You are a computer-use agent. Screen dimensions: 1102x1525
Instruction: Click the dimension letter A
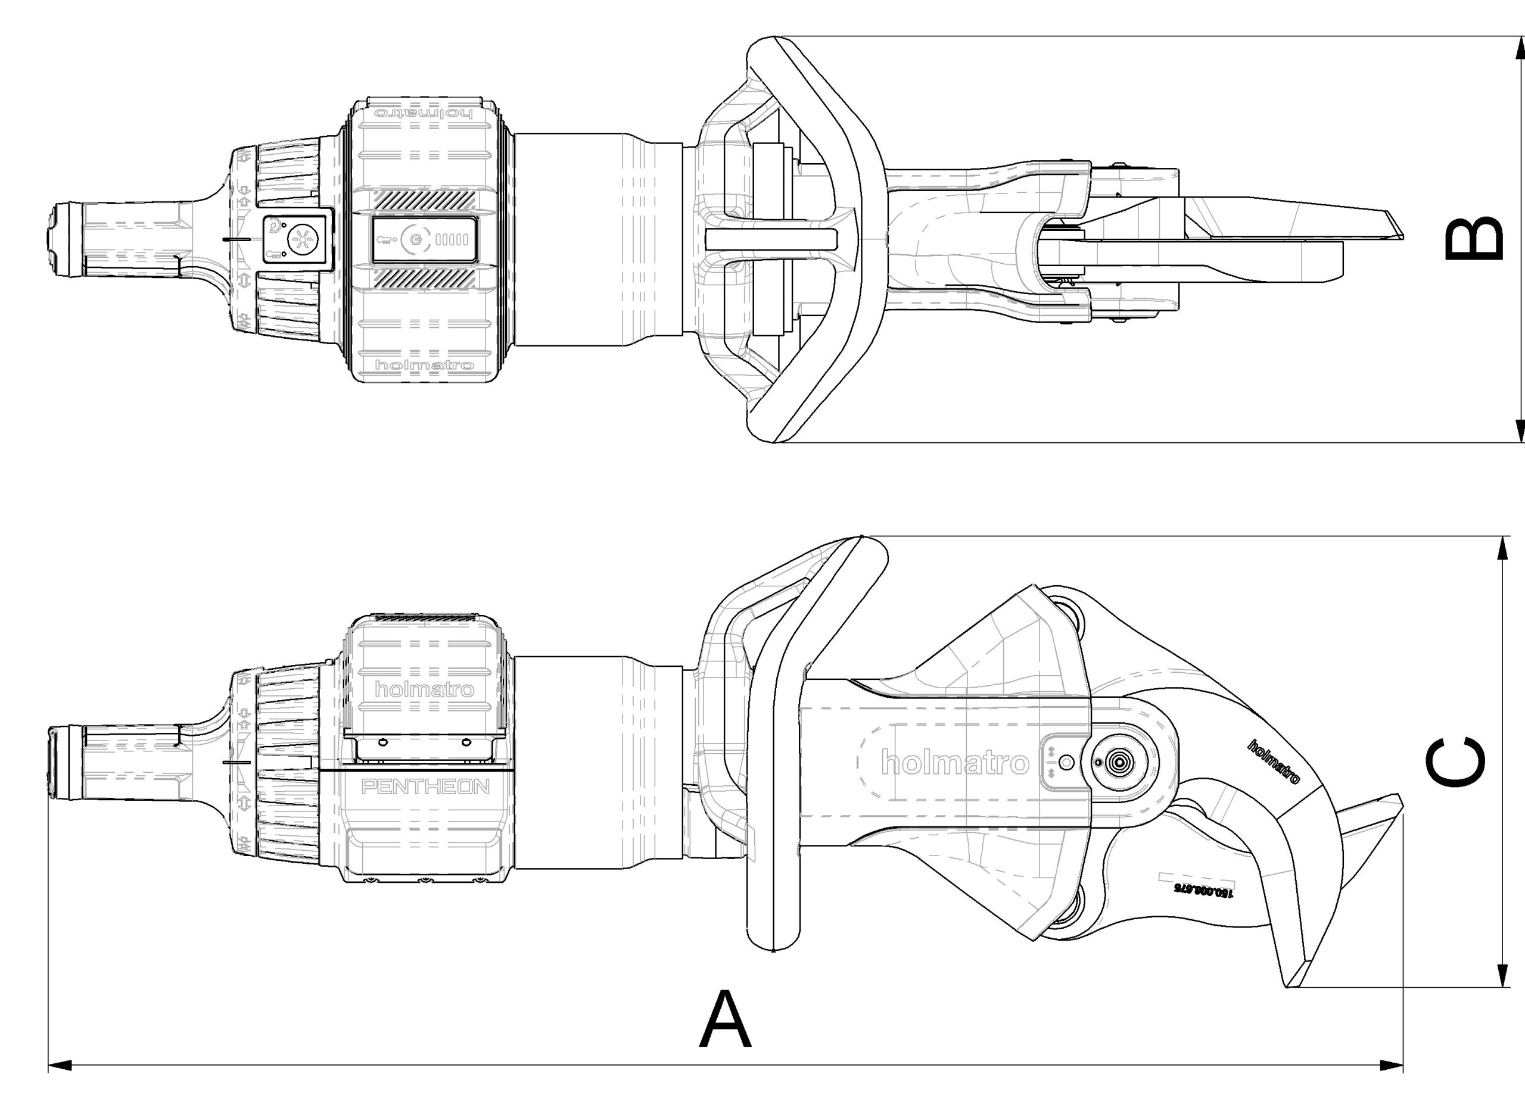pyautogui.click(x=725, y=1020)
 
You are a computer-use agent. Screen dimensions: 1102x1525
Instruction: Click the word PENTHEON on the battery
pyautogui.click(x=425, y=787)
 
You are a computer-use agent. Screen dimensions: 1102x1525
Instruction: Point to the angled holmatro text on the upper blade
pyautogui.click(x=1274, y=761)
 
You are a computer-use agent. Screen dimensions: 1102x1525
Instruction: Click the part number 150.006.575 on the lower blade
pyautogui.click(x=1205, y=889)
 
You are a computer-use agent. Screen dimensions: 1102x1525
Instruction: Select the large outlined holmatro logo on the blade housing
pyautogui.click(x=955, y=763)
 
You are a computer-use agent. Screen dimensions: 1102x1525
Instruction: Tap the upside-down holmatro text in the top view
pyautogui.click(x=424, y=113)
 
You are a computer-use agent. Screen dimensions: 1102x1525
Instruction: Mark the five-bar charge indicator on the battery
pyautogui.click(x=452, y=239)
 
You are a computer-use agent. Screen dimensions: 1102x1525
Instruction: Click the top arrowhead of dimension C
pyautogui.click(x=1501, y=548)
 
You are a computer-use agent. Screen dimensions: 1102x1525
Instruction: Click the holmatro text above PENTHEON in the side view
pyautogui.click(x=424, y=689)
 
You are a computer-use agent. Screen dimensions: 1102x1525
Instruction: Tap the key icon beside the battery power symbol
pyautogui.click(x=386, y=239)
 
